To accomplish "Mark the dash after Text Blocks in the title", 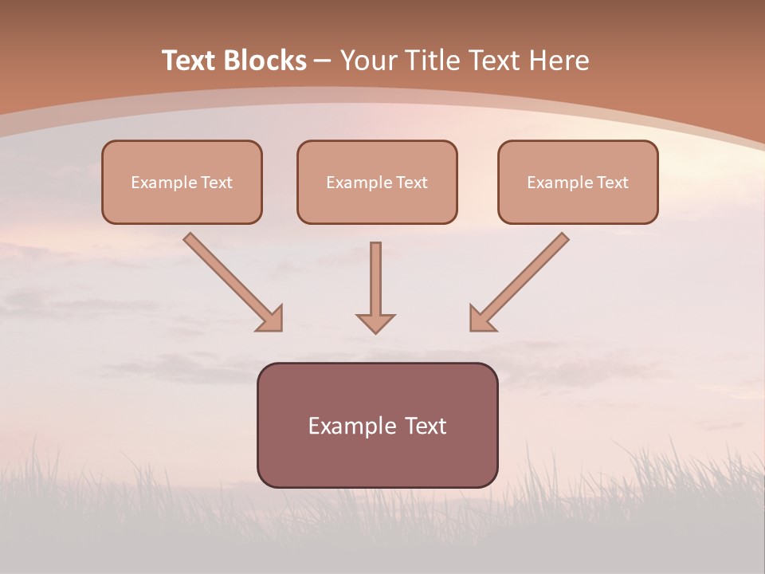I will pos(323,61).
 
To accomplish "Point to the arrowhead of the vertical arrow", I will pos(375,323).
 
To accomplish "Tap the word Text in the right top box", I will pos(613,183).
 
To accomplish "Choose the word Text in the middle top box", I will pos(412,183).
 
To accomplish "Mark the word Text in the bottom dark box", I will pos(426,426).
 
